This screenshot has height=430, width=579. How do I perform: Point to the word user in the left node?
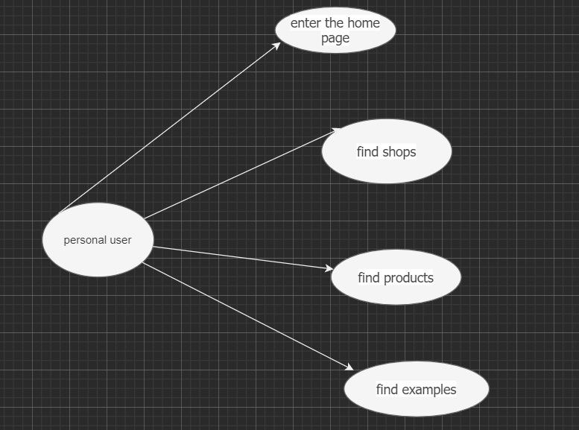pyautogui.click(x=121, y=240)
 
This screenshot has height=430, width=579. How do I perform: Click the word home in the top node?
pyautogui.click(x=364, y=23)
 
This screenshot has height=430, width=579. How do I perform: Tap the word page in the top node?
pyautogui.click(x=335, y=38)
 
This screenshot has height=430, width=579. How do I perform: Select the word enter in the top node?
pyautogui.click(x=306, y=23)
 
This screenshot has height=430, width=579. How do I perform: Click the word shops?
pyautogui.click(x=399, y=152)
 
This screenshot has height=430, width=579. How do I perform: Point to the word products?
pyautogui.click(x=408, y=278)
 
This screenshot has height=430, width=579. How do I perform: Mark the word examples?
pyautogui.click(x=429, y=389)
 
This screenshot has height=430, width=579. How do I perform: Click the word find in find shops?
pyautogui.click(x=367, y=152)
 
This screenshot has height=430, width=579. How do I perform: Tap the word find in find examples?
pyautogui.click(x=387, y=389)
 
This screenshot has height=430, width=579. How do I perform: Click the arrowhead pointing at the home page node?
pyautogui.click(x=276, y=45)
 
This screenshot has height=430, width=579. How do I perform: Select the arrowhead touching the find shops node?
pyautogui.click(x=336, y=130)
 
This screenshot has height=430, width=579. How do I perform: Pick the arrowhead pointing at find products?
pyautogui.click(x=329, y=268)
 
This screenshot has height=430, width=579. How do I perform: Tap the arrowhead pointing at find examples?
pyautogui.click(x=349, y=367)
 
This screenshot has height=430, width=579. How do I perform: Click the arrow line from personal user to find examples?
pyautogui.click(x=246, y=316)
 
